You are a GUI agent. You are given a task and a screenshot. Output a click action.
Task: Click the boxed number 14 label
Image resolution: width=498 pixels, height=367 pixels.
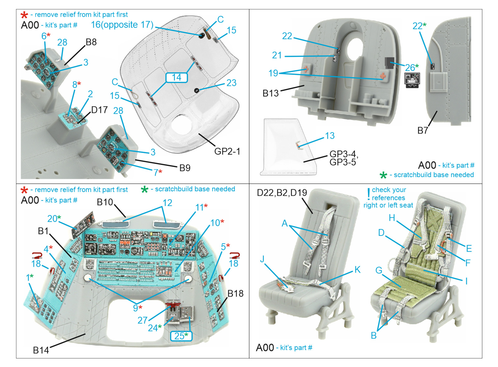point(176,77)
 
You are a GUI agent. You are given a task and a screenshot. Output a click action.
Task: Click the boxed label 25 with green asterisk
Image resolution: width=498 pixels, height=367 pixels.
point(181,336)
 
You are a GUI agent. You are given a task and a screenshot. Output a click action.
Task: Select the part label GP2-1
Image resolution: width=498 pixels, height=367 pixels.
point(227,151)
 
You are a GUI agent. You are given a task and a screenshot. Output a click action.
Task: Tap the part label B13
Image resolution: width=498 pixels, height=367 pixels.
point(270,93)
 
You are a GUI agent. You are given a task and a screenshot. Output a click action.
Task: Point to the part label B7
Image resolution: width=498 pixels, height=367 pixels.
point(422,131)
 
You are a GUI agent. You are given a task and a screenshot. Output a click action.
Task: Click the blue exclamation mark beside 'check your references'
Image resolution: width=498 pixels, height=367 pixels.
point(369,194)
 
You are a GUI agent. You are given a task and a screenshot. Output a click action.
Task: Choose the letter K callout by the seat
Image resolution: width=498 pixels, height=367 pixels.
point(357,270)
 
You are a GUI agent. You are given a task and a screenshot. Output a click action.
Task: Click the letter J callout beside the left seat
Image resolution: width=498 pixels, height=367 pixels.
point(262,259)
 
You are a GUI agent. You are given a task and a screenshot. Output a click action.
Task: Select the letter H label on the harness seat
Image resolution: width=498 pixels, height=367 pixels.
point(392,218)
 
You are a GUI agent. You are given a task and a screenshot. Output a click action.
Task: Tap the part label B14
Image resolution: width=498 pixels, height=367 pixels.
point(41,350)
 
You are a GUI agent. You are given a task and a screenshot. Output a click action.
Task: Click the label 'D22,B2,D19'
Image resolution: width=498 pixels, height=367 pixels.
point(282,193)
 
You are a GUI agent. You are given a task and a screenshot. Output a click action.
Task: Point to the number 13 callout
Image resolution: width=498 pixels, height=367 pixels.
point(330,136)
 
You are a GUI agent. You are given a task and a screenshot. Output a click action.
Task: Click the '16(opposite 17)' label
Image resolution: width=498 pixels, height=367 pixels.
point(122,25)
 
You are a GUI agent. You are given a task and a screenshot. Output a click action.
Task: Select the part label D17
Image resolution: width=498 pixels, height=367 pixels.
point(99,110)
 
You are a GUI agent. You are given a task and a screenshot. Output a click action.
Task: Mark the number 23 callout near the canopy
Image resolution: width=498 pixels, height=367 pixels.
point(231,83)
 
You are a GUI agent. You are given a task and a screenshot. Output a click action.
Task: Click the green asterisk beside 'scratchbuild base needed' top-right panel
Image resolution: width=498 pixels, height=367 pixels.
point(383,175)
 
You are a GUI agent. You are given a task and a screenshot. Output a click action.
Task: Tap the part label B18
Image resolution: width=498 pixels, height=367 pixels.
point(235,293)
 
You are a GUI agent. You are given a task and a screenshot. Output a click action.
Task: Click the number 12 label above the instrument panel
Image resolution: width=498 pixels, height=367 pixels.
point(167,203)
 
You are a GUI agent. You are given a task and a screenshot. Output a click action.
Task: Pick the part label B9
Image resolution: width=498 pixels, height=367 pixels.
point(185,168)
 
